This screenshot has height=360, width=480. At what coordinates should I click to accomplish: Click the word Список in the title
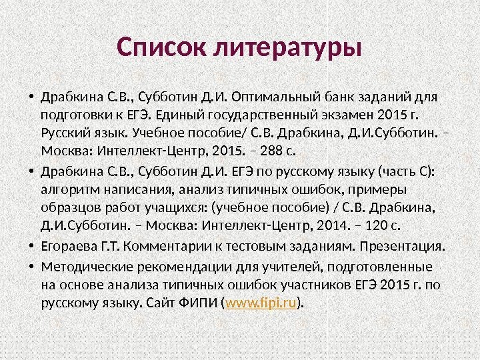tap(161, 47)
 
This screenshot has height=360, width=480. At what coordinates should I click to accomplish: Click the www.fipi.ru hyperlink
tap(261, 303)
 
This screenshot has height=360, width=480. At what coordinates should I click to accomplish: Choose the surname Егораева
tap(69, 247)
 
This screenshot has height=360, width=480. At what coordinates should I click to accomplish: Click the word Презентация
tap(402, 247)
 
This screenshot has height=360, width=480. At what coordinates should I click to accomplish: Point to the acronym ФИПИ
tap(198, 303)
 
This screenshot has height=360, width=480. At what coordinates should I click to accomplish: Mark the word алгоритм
tap(71, 190)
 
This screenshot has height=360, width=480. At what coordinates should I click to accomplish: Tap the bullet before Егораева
tap(31, 246)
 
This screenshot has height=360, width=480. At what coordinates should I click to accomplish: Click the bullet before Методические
tap(31, 267)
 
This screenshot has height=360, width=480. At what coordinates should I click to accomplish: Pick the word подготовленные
tap(379, 267)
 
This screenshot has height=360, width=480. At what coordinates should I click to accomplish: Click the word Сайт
tap(161, 303)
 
